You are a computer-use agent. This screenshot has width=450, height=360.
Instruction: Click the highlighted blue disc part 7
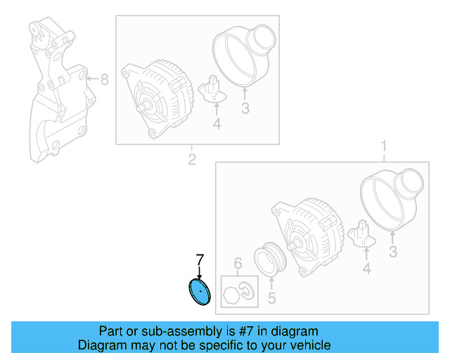(x=200, y=292)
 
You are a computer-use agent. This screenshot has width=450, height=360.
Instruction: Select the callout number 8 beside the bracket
(x=104, y=79)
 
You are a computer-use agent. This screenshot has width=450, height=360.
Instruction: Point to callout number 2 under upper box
(x=191, y=160)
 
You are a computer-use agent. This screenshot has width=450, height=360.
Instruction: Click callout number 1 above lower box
(x=384, y=147)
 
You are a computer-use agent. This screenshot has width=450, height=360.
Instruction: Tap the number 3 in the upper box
(x=245, y=108)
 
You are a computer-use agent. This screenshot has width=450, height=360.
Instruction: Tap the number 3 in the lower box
(x=393, y=251)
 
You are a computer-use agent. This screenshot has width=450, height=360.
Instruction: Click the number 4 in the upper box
(x=217, y=124)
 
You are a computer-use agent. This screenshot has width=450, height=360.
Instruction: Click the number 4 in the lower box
(x=366, y=269)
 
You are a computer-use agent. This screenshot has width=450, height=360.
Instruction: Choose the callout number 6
(x=238, y=264)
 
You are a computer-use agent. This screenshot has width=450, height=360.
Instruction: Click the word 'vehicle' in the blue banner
(x=307, y=345)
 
